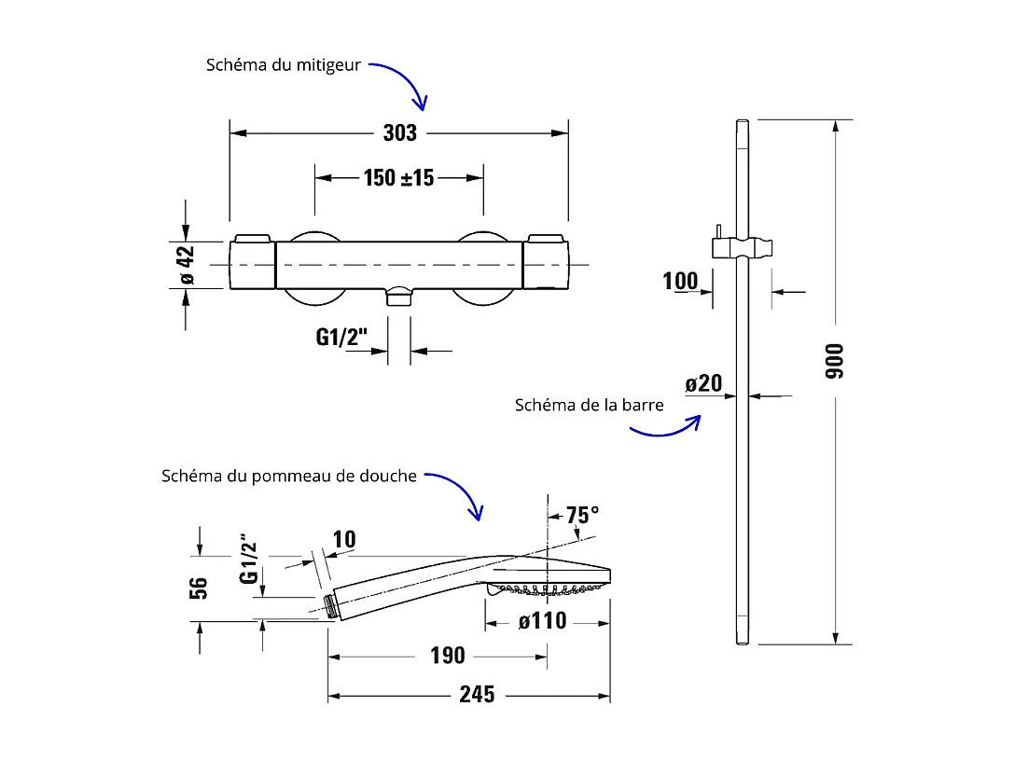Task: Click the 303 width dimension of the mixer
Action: pos(399,133)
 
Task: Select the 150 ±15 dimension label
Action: pos(398,177)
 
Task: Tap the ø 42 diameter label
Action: pos(186,265)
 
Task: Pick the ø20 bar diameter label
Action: pos(703,383)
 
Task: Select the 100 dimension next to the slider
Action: pos(681,281)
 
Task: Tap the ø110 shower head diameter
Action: pos(542,621)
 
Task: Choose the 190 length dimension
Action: pos(447,657)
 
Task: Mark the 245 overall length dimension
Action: pos(477,695)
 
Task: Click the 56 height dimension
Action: pos(199,588)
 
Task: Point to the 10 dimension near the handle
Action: pos(343,540)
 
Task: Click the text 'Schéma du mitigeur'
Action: pos(284,66)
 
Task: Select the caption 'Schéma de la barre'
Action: pos(589,405)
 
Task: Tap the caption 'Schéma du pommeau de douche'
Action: pos(288,476)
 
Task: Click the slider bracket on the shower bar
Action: pos(743,247)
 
